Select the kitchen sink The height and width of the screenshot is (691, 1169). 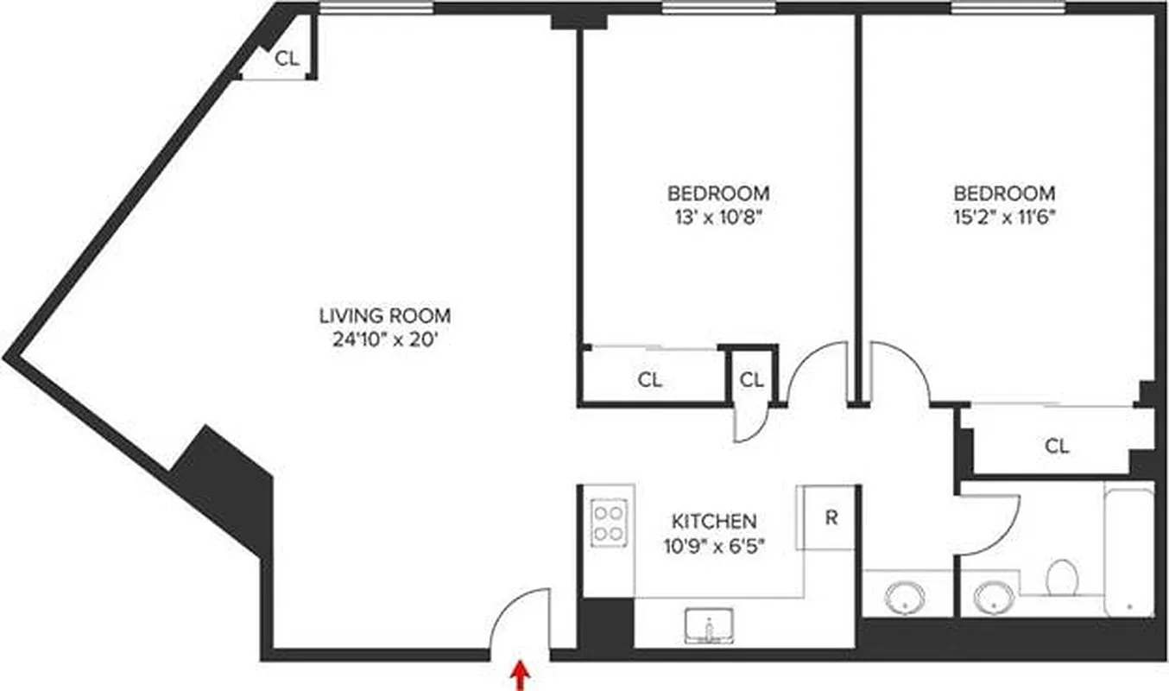[x=709, y=625]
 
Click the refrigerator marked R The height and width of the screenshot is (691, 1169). [x=830, y=518]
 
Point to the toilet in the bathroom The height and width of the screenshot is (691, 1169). [x=1061, y=577]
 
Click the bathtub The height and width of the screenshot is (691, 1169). [x=1129, y=549]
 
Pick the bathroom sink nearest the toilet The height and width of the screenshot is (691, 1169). [x=995, y=596]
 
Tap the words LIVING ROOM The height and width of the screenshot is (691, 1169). [x=384, y=316]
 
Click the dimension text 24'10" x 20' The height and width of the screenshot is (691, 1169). [x=384, y=339]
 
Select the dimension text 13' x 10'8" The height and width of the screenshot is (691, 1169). [x=718, y=217]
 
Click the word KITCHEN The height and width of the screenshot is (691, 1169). [x=714, y=521]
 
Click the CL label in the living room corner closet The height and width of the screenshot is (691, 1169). [x=287, y=59]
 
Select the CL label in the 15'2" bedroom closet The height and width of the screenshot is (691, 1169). [x=1057, y=447]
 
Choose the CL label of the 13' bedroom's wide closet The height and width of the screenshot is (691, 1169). [x=650, y=379]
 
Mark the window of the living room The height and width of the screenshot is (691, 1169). [x=376, y=9]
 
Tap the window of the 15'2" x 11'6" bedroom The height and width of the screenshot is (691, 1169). [x=1008, y=9]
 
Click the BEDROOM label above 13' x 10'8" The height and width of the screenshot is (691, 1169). [x=718, y=193]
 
